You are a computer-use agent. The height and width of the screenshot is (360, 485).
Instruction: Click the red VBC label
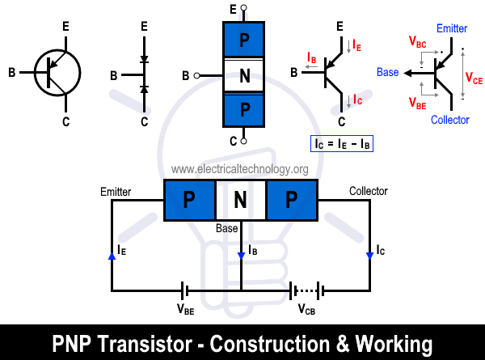click(420, 40)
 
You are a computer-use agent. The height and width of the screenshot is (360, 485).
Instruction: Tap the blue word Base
click(388, 72)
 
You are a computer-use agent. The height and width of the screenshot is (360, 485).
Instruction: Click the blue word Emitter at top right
click(451, 28)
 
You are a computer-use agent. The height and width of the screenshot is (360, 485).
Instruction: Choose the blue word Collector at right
click(449, 120)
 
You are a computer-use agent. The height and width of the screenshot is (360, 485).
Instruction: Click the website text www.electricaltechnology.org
click(240, 169)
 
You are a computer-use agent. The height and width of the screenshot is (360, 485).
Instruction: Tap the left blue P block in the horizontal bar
click(189, 200)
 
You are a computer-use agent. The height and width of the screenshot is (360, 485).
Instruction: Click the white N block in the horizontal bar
click(240, 200)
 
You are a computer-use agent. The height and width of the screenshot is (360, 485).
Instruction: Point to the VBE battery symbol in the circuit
click(186, 290)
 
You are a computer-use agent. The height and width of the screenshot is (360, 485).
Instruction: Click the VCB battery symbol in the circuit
click(306, 290)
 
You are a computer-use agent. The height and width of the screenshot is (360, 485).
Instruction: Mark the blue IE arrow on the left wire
click(112, 256)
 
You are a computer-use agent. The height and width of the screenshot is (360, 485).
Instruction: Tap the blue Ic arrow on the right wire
click(369, 256)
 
